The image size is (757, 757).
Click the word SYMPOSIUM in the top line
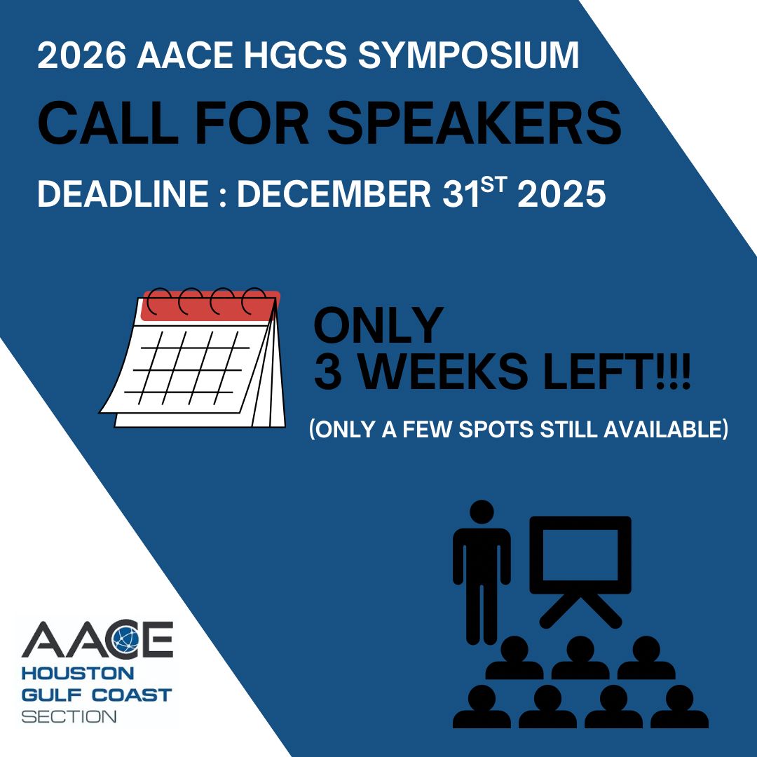468,55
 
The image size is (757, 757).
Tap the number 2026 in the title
82,55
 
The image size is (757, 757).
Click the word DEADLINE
123,193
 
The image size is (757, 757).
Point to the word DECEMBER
334,193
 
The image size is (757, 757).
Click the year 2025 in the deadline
561,193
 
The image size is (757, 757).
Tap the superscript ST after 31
494,184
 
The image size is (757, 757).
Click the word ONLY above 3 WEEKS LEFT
378,325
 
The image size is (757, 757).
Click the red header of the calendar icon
210,306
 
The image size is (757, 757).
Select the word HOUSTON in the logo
78,673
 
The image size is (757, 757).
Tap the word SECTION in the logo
69,716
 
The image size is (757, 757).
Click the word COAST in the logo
132,695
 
